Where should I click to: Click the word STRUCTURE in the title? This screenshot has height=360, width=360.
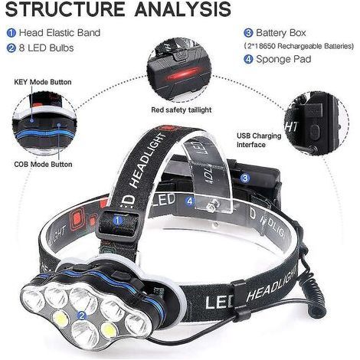[65, 9]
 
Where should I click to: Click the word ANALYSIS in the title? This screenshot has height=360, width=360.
[183, 9]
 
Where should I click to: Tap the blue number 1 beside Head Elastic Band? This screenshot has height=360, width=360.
[11, 33]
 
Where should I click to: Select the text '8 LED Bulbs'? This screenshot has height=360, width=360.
[46, 48]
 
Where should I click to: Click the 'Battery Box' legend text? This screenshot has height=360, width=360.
[280, 33]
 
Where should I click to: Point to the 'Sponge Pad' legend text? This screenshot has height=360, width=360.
[283, 59]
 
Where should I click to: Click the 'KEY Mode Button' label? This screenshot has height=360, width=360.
[43, 82]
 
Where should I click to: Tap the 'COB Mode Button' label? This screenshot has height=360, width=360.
[43, 164]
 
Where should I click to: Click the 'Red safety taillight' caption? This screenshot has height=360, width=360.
[182, 110]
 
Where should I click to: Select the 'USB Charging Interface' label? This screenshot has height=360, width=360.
[259, 140]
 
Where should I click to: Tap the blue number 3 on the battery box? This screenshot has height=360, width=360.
[245, 178]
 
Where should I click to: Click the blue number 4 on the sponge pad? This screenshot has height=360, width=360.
[190, 201]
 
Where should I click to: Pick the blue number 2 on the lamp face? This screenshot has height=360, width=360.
[82, 316]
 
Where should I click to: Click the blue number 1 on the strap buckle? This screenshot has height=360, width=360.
[118, 221]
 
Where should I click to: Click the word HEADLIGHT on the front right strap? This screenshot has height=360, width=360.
[272, 283]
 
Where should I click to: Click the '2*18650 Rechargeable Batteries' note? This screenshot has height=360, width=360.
[299, 46]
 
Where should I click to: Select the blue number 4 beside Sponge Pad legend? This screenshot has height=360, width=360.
[248, 60]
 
